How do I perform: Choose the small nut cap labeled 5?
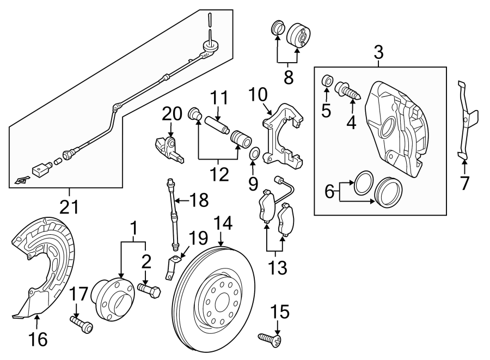click(327, 81)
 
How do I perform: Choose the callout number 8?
click(287, 76)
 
